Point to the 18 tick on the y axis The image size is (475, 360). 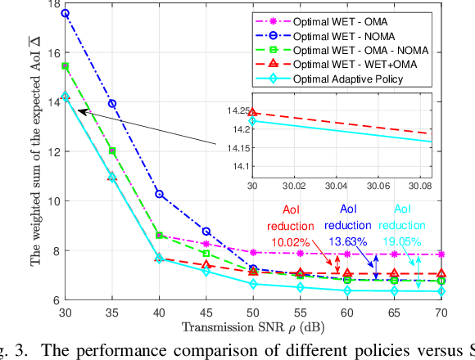(47, 3)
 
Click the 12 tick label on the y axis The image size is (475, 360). (47, 152)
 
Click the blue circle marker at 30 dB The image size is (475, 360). (66, 14)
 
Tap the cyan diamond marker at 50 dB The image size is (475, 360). (254, 284)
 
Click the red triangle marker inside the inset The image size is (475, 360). (252, 112)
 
